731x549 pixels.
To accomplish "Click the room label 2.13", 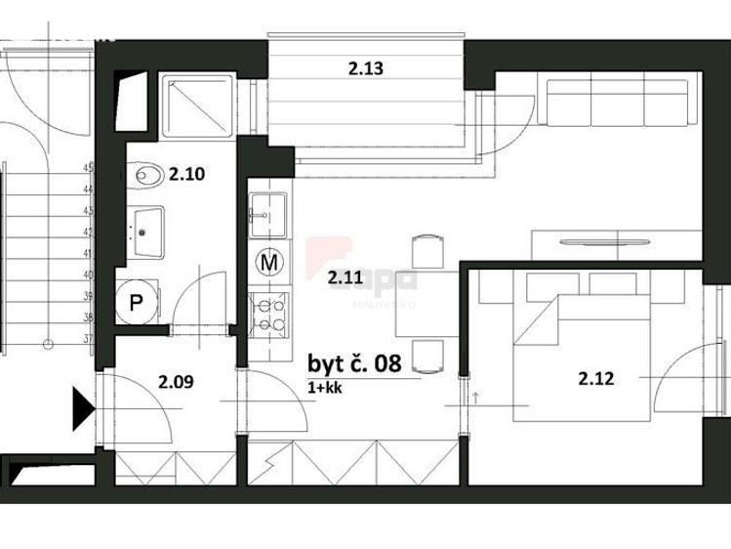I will [x=365, y=68].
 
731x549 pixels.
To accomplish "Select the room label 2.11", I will [x=345, y=277].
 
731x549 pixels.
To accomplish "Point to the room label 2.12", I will [x=595, y=379].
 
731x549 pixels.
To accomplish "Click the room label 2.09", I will [x=175, y=381].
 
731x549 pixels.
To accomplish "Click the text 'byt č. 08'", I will [x=354, y=364].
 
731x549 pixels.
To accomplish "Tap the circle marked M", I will [x=268, y=263].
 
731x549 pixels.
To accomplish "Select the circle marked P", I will [x=136, y=303].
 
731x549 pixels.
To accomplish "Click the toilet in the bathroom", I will [x=147, y=176].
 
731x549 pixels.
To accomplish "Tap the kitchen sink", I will [x=266, y=213].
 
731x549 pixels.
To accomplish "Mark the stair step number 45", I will [x=88, y=168].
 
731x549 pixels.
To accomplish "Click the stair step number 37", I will [x=88, y=339].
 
